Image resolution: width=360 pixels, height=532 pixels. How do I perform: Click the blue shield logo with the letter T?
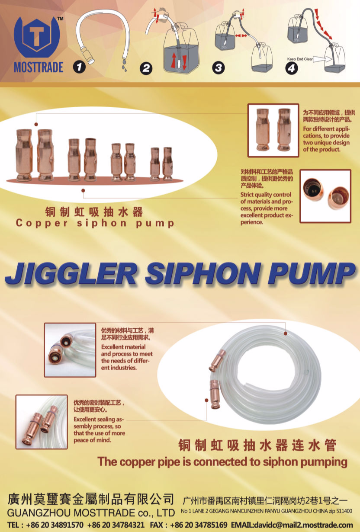[36, 35]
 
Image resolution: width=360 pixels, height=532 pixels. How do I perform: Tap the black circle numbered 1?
[79, 67]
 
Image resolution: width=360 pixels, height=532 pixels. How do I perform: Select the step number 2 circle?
[146, 68]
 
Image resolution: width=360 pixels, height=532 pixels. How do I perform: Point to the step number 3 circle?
[219, 68]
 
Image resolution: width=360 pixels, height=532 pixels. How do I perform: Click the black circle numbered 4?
[292, 68]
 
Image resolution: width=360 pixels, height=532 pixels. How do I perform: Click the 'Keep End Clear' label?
[300, 59]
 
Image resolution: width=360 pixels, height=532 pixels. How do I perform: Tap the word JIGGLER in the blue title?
[71, 273]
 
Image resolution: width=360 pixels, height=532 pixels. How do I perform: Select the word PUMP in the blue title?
[312, 273]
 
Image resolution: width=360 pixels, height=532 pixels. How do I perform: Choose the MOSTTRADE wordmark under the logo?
[39, 67]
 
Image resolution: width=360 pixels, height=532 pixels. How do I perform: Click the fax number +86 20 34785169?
[199, 525]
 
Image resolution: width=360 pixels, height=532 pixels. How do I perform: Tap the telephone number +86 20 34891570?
[55, 525]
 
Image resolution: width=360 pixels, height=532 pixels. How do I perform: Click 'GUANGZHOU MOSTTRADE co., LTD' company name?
[91, 513]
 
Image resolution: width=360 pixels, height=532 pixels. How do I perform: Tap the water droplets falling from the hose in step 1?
[124, 64]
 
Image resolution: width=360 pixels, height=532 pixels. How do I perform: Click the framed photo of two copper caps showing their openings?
[325, 196]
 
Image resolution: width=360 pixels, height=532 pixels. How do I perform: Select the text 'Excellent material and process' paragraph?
[127, 357]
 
